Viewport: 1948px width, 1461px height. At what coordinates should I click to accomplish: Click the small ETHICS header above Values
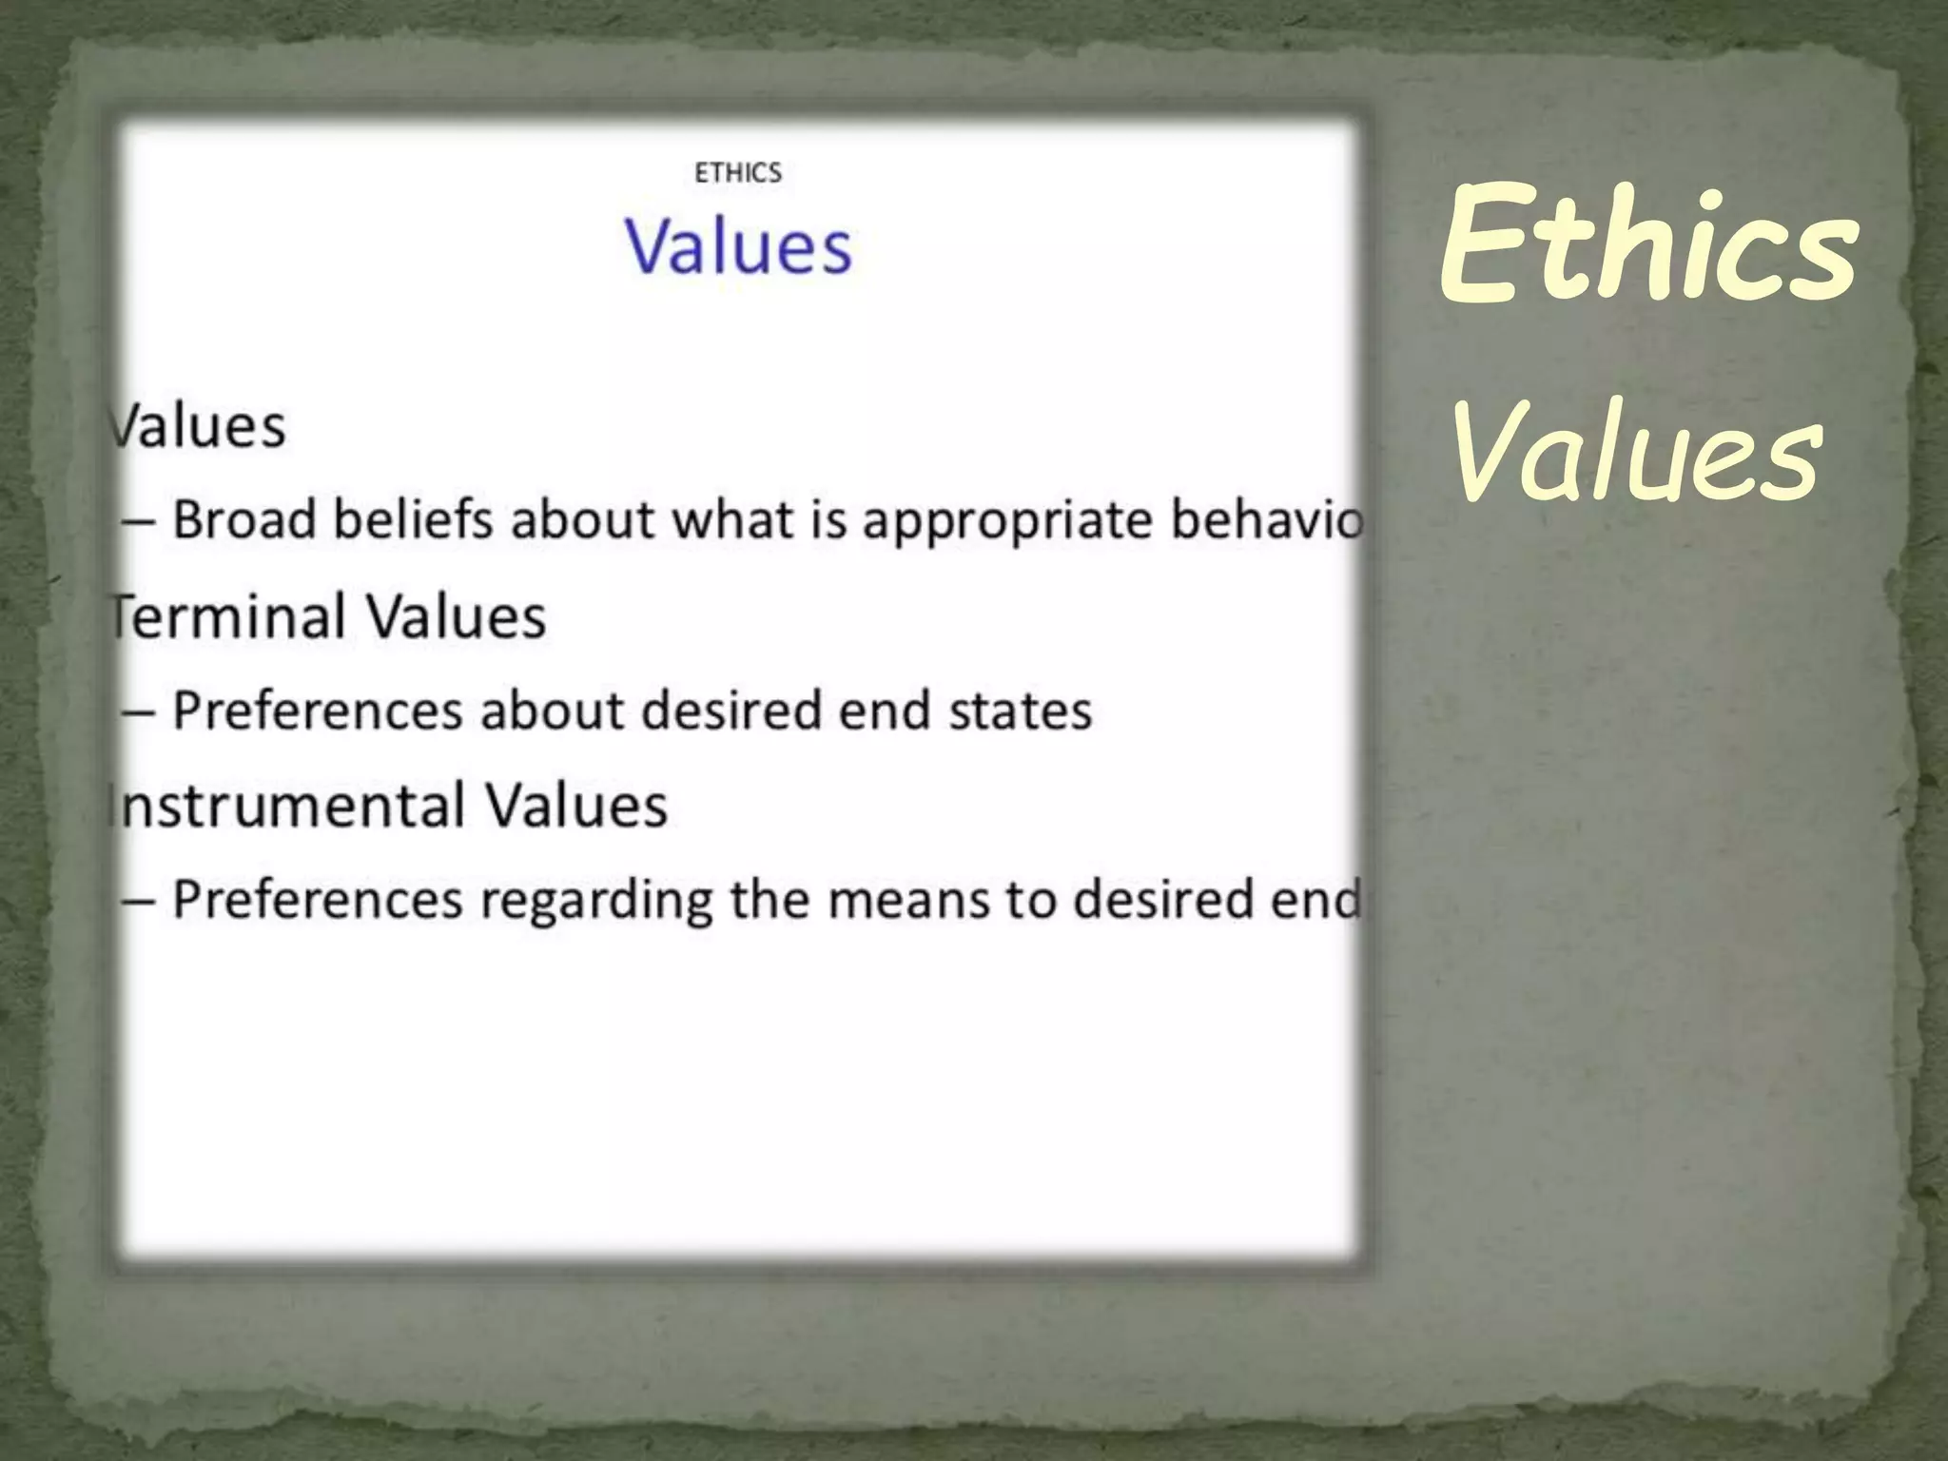(x=738, y=173)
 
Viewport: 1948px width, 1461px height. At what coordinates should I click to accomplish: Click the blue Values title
(x=738, y=247)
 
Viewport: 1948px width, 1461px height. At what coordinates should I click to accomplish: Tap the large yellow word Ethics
(x=1647, y=245)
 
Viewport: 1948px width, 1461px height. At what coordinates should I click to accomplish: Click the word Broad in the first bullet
(x=243, y=520)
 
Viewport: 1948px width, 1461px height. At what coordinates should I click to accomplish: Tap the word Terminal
(x=226, y=616)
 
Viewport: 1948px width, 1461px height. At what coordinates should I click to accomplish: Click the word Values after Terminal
(x=456, y=616)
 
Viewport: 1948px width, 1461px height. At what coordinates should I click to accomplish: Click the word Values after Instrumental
(x=576, y=806)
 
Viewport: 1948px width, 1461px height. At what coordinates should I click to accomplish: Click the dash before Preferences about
(x=139, y=712)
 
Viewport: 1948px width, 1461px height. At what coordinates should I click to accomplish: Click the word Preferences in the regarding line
(x=317, y=900)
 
